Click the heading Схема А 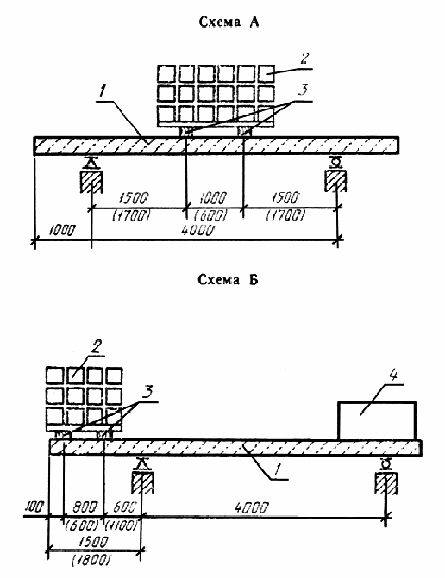[229, 22]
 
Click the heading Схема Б [228, 280]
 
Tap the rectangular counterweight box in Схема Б [377, 420]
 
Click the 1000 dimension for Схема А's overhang [61, 231]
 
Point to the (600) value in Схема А [212, 215]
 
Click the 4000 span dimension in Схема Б [251, 508]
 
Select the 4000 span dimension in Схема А [197, 231]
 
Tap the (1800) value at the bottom [90, 560]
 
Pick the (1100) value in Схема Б [121, 525]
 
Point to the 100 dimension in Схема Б [34, 507]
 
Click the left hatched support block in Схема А [91, 181]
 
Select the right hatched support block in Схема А [335, 181]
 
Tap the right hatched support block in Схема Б [386, 482]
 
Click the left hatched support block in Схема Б [142, 482]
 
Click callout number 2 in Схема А [304, 59]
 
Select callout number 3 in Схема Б [147, 392]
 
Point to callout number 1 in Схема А [103, 93]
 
